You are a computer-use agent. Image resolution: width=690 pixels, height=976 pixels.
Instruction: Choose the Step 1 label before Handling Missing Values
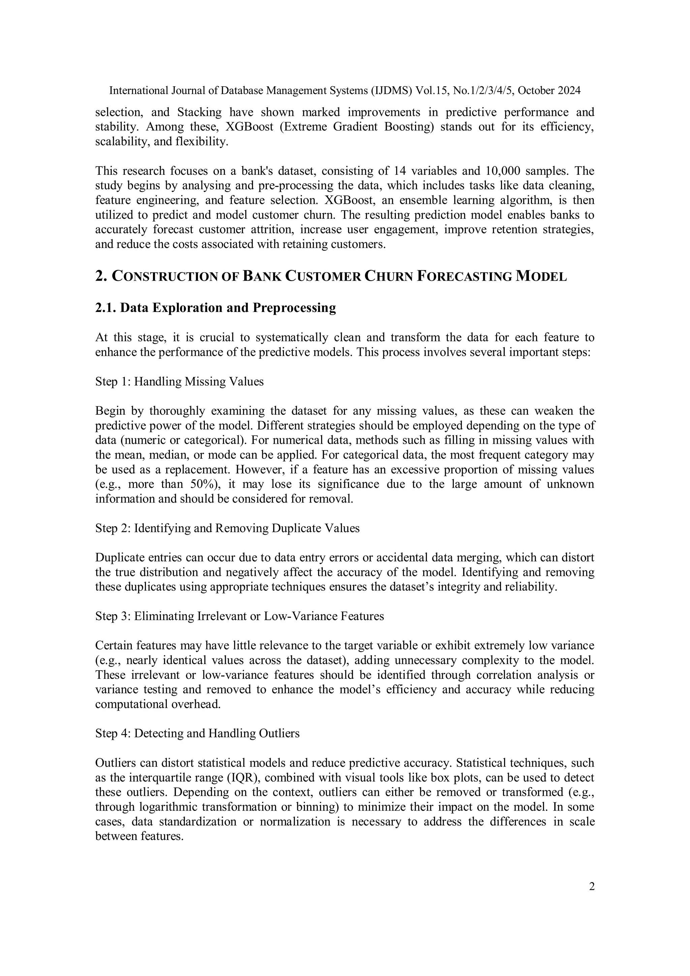coord(112,382)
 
